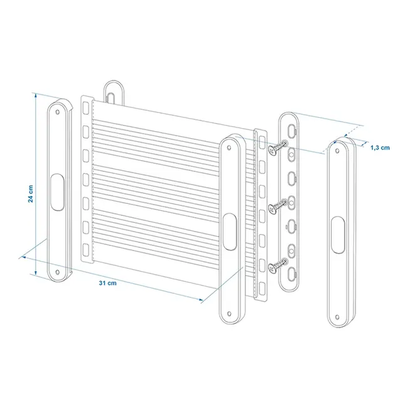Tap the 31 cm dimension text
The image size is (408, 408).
(108, 283)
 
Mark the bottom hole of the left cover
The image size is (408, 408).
(58, 272)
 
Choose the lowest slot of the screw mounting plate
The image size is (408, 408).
(292, 271)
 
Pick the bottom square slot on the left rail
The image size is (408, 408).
(87, 250)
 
